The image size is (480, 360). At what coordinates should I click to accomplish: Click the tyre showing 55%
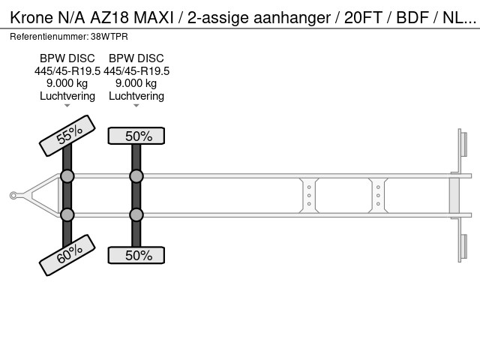pos(67,136)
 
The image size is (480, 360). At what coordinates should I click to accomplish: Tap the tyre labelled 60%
pos(67,255)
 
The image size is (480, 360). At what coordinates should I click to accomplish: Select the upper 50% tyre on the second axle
pos(136,136)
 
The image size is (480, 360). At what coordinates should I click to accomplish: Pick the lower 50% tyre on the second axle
pos(136,255)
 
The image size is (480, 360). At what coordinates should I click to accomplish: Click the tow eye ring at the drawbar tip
pos(13,195)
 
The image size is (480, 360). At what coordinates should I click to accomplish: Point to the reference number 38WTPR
pos(109,37)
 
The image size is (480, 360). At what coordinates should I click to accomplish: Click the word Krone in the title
pos(31,18)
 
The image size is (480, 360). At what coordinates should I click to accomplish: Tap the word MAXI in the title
pos(154,18)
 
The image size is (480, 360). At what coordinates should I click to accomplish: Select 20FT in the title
pos(363,18)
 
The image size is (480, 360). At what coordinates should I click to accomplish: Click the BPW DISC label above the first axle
pos(67,58)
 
